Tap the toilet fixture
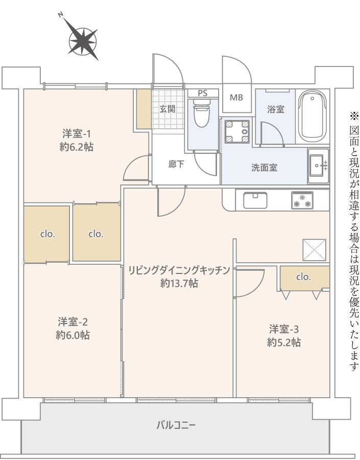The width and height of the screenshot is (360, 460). point(202,112)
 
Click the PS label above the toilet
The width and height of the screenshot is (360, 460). point(202,93)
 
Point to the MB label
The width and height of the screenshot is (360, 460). point(236,98)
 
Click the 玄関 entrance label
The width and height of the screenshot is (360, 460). point(167,109)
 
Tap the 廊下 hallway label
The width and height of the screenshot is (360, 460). point(176,164)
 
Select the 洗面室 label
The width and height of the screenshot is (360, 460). point(264,168)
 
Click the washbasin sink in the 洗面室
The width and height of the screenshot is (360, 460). point(318,166)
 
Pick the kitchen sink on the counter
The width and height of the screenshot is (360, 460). point(255,200)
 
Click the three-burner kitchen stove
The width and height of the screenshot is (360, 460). point(302,200)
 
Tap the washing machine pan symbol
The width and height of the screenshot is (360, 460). point(236,132)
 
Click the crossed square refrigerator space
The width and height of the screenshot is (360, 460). point(314,250)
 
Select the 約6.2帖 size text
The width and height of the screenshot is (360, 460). point(77,147)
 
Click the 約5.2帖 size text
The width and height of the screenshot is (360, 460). point(284,342)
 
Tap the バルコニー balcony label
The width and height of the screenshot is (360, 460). point(176,425)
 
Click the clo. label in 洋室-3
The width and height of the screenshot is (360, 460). point(303,277)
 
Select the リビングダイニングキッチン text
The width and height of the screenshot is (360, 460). point(179,270)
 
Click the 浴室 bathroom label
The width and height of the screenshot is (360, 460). point(276,109)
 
